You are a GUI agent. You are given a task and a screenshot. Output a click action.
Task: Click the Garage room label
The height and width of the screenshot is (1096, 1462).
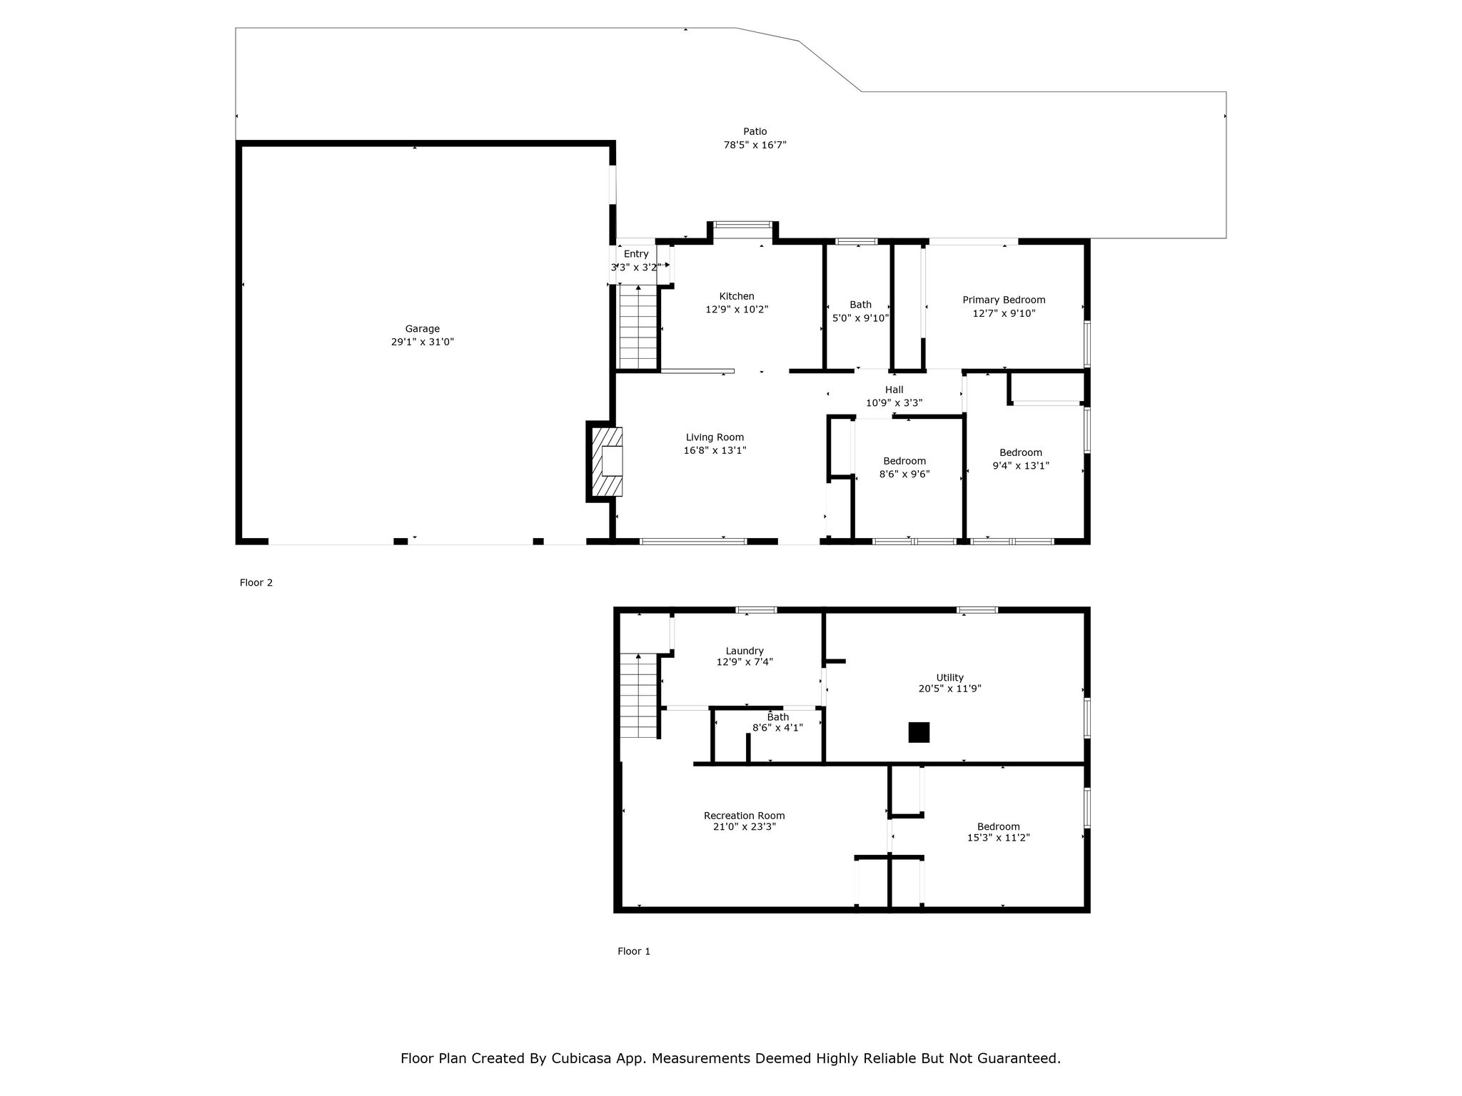coord(423,329)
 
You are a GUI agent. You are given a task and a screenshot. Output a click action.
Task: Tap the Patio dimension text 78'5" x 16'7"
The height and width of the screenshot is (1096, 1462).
coord(755,145)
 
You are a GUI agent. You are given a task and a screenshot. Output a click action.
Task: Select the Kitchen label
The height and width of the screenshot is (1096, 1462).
coord(737,296)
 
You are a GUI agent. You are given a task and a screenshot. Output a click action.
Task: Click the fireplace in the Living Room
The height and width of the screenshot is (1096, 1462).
coord(605,461)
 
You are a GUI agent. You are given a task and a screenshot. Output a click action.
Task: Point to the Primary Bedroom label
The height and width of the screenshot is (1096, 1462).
coord(1004,300)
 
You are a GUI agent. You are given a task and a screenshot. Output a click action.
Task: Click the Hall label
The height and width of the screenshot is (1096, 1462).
coord(894,390)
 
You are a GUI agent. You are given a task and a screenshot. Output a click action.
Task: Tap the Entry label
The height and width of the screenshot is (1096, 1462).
coord(636,254)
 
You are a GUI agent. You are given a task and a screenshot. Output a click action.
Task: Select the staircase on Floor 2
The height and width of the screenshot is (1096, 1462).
coord(638,327)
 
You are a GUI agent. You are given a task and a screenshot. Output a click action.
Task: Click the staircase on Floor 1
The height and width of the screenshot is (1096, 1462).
coord(638,695)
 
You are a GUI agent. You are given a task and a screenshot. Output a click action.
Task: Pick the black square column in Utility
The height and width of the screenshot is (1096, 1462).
coord(919,733)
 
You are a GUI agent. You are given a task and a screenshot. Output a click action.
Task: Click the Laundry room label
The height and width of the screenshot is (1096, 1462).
coord(745,651)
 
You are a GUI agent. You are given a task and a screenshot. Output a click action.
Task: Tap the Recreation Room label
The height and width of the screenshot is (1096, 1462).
coord(745,816)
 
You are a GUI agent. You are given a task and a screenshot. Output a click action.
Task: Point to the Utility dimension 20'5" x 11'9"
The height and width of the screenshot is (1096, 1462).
coord(950,689)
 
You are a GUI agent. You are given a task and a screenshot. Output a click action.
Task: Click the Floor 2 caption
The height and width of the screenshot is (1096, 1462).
coord(256,582)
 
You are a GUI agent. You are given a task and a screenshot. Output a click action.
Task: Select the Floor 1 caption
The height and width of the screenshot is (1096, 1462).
coord(634,951)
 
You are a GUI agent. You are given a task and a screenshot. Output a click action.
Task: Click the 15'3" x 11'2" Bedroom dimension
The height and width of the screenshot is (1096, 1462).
coord(999,838)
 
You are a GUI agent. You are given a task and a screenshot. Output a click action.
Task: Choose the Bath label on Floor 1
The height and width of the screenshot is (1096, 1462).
coord(778,717)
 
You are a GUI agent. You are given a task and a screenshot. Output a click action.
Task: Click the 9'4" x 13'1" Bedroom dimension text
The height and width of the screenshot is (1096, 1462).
coord(1021,466)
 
